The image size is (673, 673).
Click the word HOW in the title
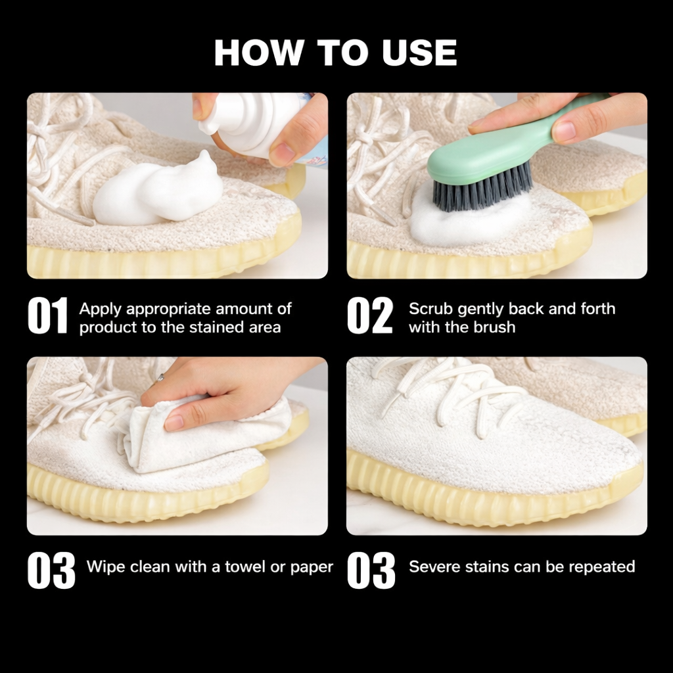coord(258,53)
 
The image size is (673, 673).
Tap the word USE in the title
coord(419,53)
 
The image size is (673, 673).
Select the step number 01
coord(47,315)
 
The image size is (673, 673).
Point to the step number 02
coord(370,315)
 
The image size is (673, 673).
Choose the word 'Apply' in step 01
coord(101,310)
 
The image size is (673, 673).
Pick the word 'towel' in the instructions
coord(244,567)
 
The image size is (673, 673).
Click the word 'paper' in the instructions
coord(312,568)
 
